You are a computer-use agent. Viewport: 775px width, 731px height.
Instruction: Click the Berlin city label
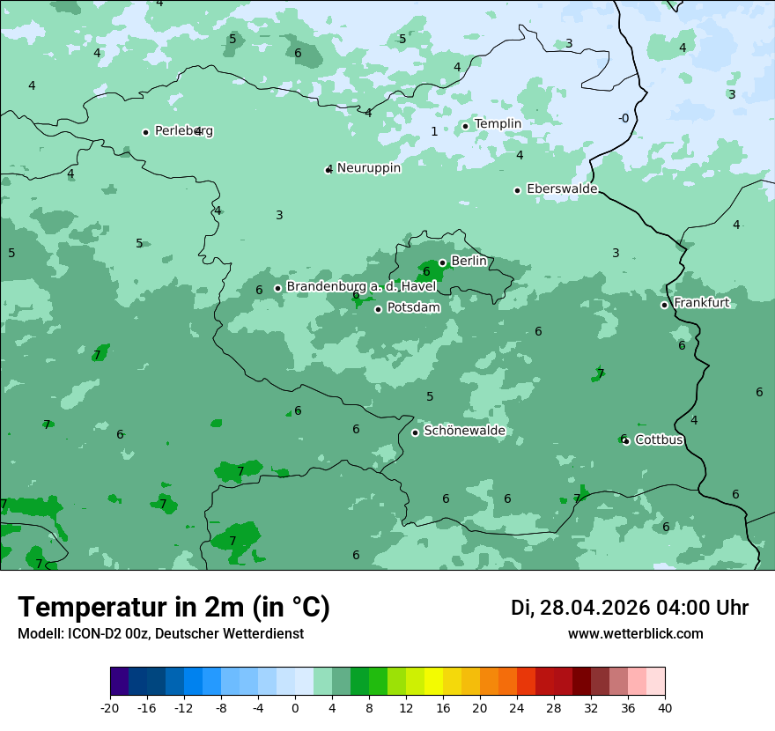click(469, 262)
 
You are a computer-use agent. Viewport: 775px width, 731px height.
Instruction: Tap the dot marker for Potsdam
click(378, 309)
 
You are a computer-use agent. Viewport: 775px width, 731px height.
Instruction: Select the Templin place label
click(498, 124)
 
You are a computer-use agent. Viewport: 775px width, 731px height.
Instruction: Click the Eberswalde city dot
click(517, 190)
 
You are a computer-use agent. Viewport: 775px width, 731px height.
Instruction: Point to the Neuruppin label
click(368, 168)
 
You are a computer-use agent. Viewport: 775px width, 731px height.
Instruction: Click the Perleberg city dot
click(145, 132)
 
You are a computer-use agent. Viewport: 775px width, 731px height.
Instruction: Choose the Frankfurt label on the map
click(701, 303)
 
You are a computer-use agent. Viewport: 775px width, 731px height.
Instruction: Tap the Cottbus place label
click(659, 440)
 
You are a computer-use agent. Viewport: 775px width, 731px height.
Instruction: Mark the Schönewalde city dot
click(415, 432)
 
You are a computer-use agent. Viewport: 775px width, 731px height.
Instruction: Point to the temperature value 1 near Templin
click(434, 132)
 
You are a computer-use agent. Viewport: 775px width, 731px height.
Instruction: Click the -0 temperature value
click(624, 119)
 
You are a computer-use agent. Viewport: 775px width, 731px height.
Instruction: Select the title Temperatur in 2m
click(173, 608)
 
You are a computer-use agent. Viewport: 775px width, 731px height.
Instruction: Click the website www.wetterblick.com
click(635, 634)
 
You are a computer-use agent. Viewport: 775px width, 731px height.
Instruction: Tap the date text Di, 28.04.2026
click(580, 608)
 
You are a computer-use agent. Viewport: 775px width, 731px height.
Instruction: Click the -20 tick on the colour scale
click(110, 708)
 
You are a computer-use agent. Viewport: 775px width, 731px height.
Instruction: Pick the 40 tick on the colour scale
click(664, 708)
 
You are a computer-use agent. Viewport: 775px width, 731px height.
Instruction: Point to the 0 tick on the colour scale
click(295, 708)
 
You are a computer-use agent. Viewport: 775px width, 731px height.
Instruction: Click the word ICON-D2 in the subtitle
click(91, 634)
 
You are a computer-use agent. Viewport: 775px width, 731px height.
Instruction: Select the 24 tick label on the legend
click(516, 708)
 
